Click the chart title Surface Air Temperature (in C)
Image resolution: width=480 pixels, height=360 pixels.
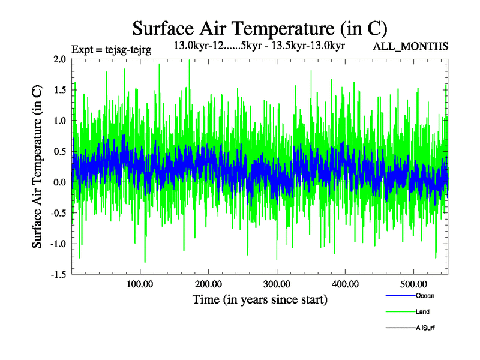pyautogui.click(x=259, y=28)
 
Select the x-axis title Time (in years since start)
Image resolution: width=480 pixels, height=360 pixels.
pyautogui.click(x=260, y=299)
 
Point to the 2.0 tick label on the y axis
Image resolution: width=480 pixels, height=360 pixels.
pyautogui.click(x=59, y=59)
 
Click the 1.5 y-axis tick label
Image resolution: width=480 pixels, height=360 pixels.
pyautogui.click(x=59, y=90)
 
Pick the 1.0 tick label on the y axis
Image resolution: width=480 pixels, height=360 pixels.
pyautogui.click(x=59, y=121)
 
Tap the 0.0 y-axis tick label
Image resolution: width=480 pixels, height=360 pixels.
pyautogui.click(x=59, y=182)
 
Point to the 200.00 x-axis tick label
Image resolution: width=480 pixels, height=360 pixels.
pyautogui.click(x=208, y=284)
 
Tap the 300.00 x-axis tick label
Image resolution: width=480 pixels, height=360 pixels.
pyautogui.click(x=277, y=284)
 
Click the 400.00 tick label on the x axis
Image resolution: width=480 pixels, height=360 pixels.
pyautogui.click(x=345, y=284)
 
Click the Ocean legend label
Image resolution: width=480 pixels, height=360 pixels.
pyautogui.click(x=425, y=296)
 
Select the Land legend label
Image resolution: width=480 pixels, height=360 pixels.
pyautogui.click(x=422, y=312)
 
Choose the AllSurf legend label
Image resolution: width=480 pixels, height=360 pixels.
pyautogui.click(x=425, y=328)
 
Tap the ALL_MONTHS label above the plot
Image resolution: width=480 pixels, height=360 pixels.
pyautogui.click(x=410, y=47)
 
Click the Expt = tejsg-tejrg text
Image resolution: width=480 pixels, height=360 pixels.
pyautogui.click(x=111, y=49)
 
